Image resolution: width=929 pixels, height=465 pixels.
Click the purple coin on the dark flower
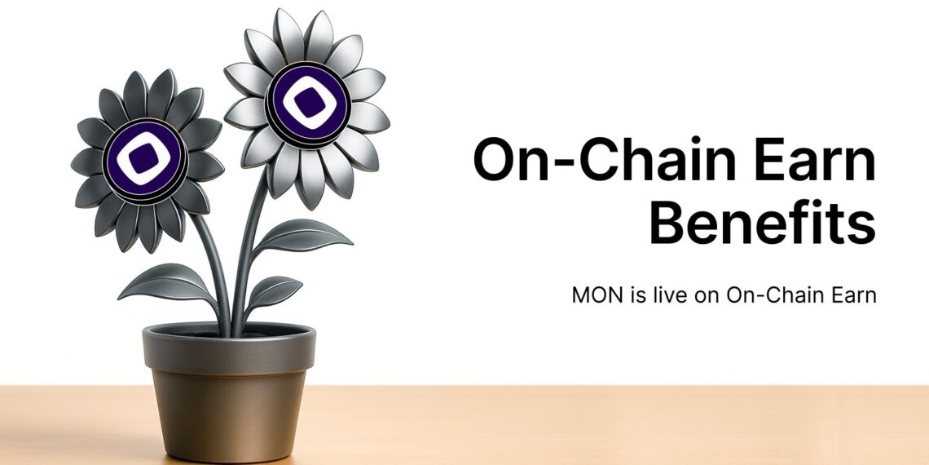(145, 160)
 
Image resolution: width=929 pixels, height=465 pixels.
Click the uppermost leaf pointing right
(306, 237)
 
